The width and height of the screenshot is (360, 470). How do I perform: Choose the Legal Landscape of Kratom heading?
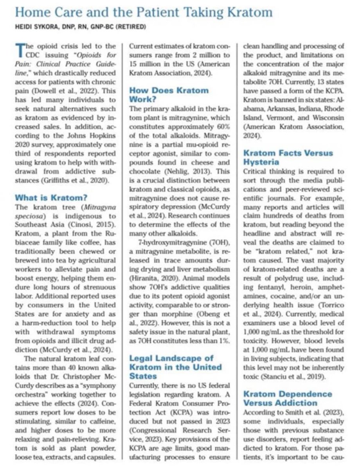click(176, 367)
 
